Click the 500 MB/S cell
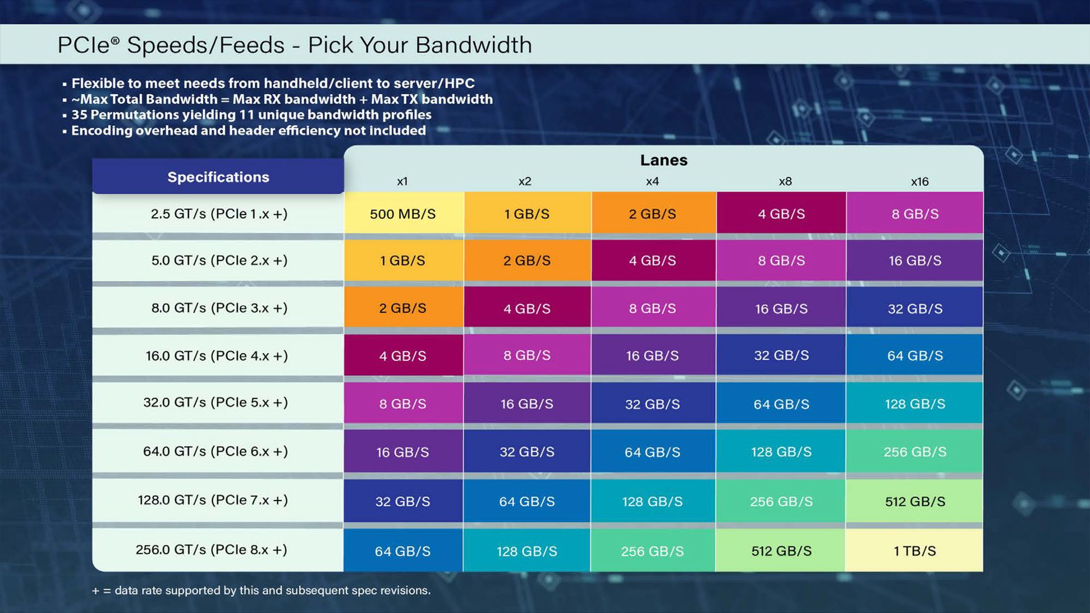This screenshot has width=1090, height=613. tap(403, 214)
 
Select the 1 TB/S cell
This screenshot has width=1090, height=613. tap(915, 551)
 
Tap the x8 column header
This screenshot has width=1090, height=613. tap(785, 182)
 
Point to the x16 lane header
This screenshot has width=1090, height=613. tap(920, 182)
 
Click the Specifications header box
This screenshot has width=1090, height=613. tap(218, 177)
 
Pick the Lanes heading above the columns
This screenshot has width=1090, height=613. tap(664, 160)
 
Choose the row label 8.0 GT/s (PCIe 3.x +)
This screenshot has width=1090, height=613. tap(219, 308)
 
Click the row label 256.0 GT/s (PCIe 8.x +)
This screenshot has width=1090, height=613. tap(211, 549)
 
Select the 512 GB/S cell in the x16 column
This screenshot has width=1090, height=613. tap(915, 501)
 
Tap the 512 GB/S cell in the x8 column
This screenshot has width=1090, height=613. tap(781, 551)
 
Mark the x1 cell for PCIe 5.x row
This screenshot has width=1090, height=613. tap(403, 404)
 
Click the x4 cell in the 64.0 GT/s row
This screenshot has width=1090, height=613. tap(652, 452)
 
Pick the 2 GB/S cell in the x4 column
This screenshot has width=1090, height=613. tap(652, 214)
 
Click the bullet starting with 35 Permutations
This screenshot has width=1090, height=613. tap(251, 115)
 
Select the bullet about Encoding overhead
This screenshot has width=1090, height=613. tap(248, 131)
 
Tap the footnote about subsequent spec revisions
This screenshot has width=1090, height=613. tap(261, 590)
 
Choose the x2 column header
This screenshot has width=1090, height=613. tap(525, 182)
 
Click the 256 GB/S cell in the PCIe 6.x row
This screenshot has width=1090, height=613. tap(915, 452)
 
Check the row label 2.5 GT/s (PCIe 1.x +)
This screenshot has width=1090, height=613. tap(219, 214)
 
